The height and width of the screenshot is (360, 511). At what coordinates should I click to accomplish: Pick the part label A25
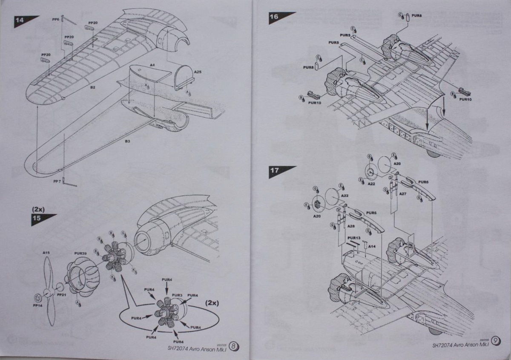[x=198, y=72]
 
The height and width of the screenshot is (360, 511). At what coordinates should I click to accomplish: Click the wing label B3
[x=127, y=141]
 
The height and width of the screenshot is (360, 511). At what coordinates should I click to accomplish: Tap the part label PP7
[x=57, y=181]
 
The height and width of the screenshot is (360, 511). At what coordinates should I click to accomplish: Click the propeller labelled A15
[x=47, y=253]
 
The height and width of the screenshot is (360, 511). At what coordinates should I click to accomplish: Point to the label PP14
[x=38, y=305]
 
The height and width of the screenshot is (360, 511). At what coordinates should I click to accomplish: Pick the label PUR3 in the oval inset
[x=177, y=295]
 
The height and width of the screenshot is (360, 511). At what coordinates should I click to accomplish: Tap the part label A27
[x=403, y=194]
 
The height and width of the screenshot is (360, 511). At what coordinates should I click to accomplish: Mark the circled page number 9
[x=496, y=341]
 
